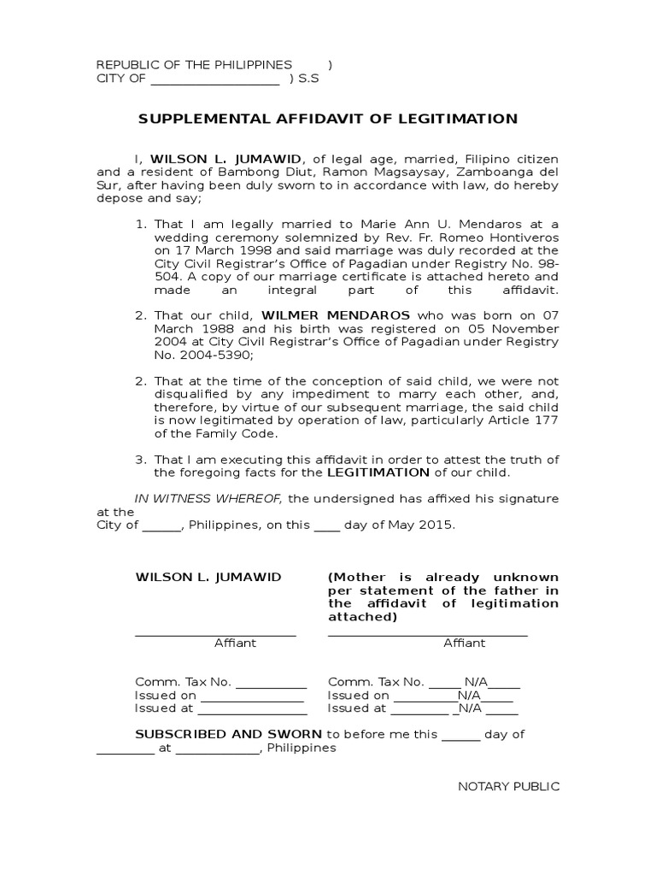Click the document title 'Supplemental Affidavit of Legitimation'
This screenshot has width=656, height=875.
point(328,119)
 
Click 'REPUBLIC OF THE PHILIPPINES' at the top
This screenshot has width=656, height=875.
point(194,65)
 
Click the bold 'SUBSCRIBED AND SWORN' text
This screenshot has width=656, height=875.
point(229,734)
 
